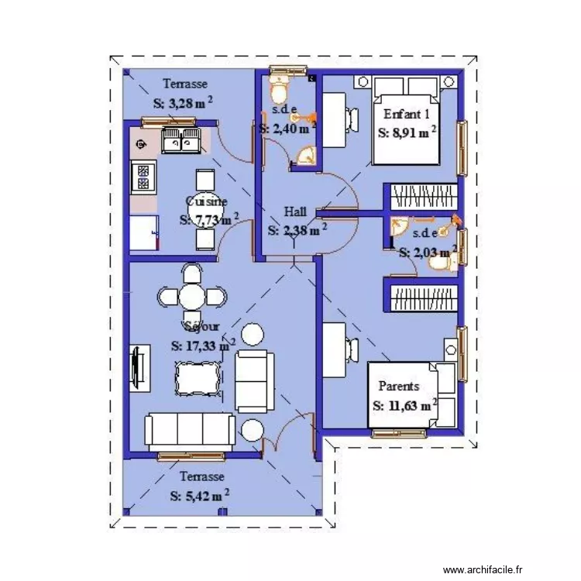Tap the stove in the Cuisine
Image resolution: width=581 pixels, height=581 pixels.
143,177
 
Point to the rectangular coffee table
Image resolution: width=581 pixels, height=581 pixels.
198,380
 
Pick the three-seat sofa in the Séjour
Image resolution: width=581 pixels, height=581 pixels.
190,429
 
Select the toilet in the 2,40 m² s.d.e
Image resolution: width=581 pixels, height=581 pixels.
278,83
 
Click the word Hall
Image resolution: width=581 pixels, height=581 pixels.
295,211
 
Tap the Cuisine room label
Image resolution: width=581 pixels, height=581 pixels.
207,201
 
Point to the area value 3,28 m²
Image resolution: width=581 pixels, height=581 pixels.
183,102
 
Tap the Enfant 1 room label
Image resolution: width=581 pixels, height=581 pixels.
407,113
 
